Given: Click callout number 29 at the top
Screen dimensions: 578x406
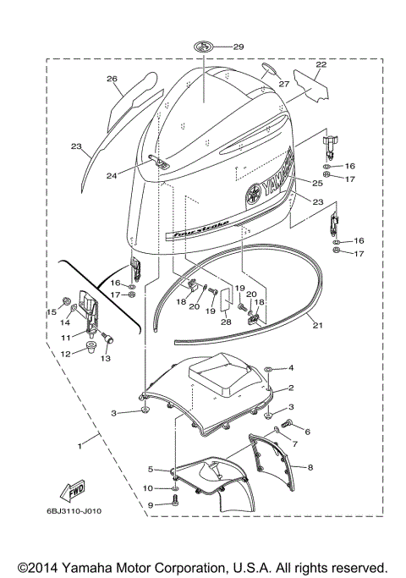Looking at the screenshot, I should click(x=238, y=47).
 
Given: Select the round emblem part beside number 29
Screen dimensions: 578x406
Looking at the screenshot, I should click(x=205, y=47).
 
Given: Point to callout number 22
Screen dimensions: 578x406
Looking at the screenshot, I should click(x=321, y=64).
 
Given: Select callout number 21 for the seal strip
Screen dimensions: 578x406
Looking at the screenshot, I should click(x=317, y=324).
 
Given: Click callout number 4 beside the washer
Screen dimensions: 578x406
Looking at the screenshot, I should click(x=291, y=368).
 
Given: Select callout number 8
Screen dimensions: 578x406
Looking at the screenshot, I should click(x=310, y=466).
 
